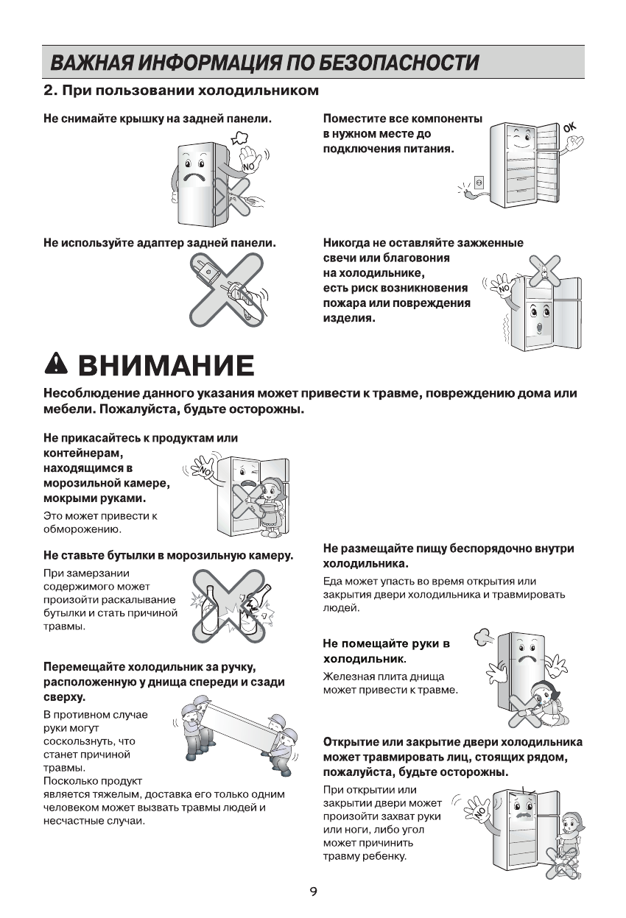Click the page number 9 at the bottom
313,892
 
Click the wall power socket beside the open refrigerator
478,181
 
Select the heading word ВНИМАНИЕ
166,364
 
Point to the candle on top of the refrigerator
543,272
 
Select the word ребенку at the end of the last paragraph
383,856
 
